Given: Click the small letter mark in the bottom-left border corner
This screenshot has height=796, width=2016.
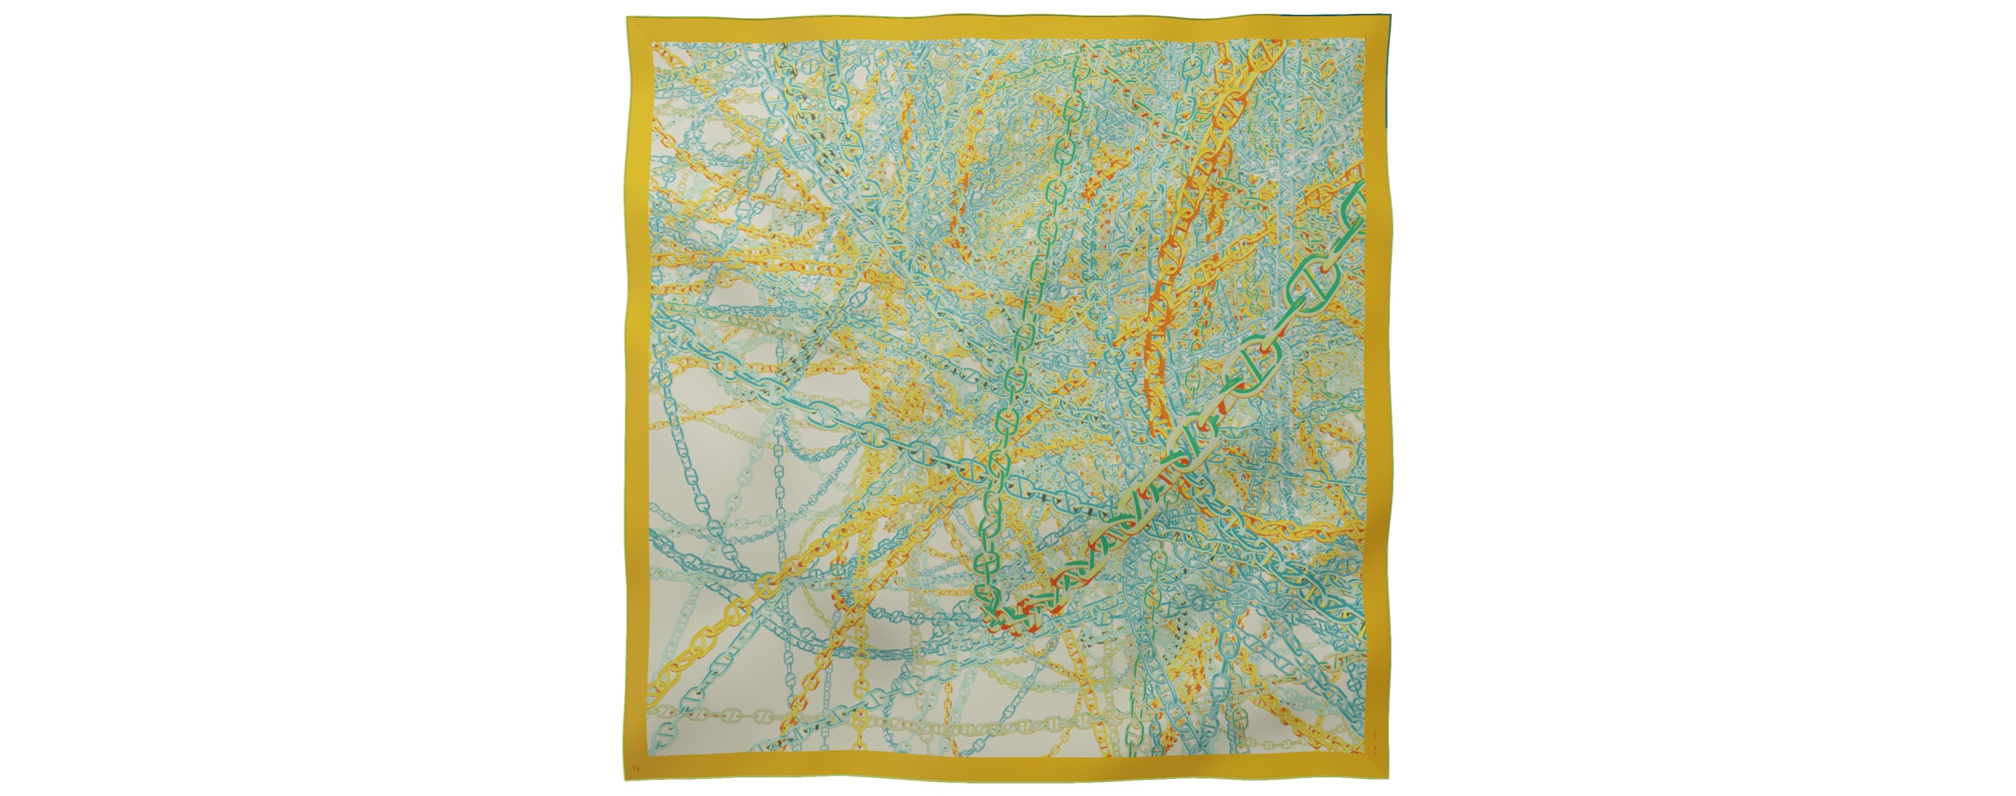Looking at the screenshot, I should pos(637,768).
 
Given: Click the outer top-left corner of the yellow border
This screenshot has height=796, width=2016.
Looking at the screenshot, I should pos(625,15).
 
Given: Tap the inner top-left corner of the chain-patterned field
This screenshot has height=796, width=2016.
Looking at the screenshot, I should pos(653,40).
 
